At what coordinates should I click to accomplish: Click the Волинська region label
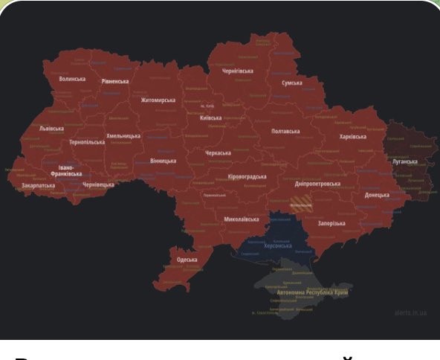coord(72,78)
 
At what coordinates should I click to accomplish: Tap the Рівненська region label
coord(115,81)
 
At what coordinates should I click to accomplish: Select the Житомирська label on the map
coord(158,100)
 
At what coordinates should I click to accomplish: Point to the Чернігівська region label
coord(238,71)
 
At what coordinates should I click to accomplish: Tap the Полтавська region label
coord(285,131)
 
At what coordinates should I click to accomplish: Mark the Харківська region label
coord(352,137)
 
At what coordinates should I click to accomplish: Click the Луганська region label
coord(405,161)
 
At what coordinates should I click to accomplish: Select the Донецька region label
coord(377,195)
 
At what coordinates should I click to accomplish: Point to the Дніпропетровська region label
coord(317,183)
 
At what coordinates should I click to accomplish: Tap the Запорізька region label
coord(331,223)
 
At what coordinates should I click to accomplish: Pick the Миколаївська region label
coord(242,219)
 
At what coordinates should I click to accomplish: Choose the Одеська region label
coord(187,260)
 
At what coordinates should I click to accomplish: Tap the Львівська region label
coord(51,128)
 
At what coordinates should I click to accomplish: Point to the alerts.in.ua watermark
coord(411,314)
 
